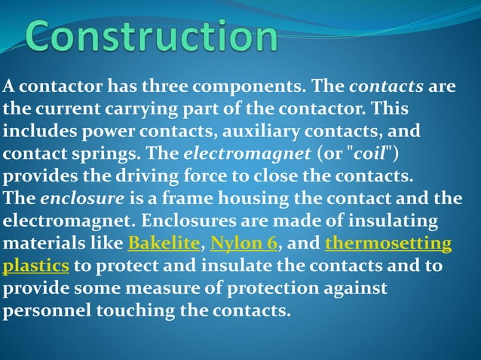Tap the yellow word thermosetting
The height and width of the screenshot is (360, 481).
[388, 245]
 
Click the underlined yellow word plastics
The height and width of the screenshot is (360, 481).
[36, 267]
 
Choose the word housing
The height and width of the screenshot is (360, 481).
[257, 200]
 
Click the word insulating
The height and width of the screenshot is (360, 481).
[386, 222]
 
